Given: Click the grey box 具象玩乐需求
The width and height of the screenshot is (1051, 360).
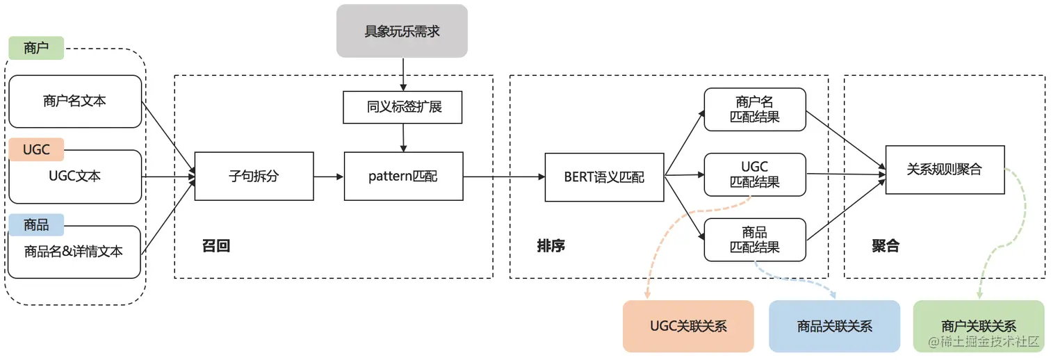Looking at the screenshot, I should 402,31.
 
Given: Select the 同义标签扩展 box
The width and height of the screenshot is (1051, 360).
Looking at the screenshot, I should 403,108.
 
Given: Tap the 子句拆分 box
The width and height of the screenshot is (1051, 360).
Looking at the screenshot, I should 254,177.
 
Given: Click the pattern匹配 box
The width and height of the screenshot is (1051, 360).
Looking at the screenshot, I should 403,177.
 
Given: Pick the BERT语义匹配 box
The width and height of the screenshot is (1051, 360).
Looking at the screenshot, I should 604,177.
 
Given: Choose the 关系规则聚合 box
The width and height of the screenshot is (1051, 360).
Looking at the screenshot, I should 945,170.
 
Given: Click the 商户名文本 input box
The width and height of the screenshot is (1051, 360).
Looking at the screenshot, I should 74,101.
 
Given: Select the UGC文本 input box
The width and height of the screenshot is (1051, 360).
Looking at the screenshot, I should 74,177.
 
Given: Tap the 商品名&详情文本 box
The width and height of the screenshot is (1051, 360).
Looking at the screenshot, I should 74,252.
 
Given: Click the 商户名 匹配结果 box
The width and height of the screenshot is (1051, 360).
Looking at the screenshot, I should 755,109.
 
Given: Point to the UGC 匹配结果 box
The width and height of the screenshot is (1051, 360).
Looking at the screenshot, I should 755,174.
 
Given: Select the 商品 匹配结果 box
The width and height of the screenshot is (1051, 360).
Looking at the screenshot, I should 755,239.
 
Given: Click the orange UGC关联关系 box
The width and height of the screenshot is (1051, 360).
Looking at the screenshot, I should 688,326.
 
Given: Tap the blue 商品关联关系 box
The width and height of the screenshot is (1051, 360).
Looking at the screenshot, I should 834,326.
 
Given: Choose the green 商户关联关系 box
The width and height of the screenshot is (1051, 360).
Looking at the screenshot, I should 978,326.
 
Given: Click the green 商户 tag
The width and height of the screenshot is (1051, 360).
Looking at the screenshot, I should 36,48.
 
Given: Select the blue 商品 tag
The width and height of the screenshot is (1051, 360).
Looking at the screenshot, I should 36,224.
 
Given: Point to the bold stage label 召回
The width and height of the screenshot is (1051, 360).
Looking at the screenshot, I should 216,246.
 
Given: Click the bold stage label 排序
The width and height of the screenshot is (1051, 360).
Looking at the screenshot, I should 551,246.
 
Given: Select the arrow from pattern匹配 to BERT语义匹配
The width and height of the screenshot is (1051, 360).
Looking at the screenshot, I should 504,177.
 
